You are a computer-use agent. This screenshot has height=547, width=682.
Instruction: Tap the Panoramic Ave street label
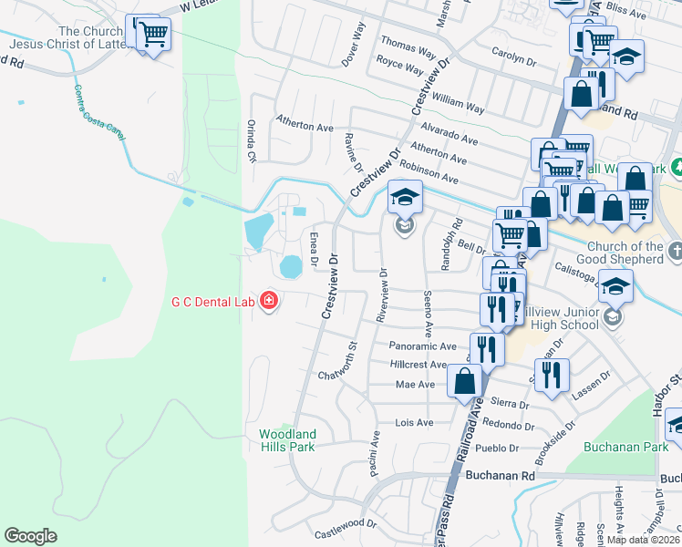click(422, 346)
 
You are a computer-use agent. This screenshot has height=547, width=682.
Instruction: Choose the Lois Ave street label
click(413, 423)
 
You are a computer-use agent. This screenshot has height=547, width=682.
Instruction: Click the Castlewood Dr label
click(346, 523)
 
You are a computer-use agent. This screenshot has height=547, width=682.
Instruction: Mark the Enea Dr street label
click(314, 249)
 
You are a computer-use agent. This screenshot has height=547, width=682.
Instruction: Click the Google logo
click(30, 536)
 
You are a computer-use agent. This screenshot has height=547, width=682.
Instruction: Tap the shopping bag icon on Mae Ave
click(465, 380)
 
